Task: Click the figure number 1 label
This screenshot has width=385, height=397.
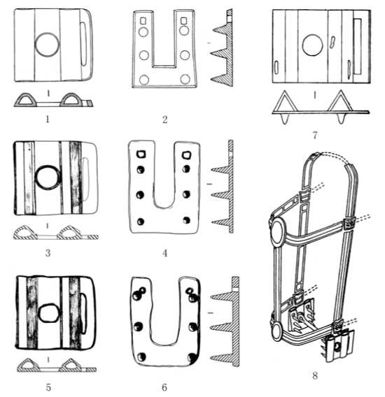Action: [48, 120]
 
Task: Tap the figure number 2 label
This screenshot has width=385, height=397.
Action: [165, 120]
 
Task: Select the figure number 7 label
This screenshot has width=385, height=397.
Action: [315, 135]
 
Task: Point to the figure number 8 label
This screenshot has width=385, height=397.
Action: [315, 375]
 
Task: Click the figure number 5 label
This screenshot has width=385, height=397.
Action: [48, 387]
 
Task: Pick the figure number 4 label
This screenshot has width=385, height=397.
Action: [165, 253]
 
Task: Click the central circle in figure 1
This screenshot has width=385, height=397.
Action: [47, 45]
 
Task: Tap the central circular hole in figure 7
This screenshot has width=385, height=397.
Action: [313, 45]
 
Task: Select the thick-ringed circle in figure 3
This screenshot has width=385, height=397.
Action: [47, 178]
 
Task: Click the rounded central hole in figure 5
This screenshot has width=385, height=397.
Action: [49, 312]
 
